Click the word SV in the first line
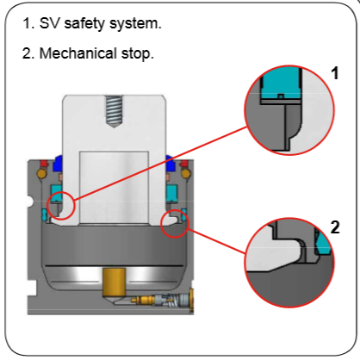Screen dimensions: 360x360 (49, 23)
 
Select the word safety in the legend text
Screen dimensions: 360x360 (84, 23)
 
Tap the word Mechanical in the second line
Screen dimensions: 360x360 (78, 53)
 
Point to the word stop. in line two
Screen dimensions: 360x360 (138, 53)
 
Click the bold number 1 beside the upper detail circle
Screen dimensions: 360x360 (335, 73)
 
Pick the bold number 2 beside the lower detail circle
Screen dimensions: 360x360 (335, 227)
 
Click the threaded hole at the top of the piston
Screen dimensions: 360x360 (114, 111)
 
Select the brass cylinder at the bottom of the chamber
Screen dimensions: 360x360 (115, 282)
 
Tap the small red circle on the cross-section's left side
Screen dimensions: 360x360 (61, 206)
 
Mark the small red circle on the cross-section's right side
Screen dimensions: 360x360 (175, 223)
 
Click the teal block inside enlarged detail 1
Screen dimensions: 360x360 (281, 84)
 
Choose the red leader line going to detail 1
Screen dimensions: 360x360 (159, 163)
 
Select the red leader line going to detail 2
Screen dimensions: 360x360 (217, 240)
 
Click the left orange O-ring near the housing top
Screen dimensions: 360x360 (42, 173)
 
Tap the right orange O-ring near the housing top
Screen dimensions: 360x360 (186, 173)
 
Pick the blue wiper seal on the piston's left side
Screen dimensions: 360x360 (58, 164)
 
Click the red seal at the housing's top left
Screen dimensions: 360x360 (43, 164)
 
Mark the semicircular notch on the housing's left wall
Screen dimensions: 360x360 (31, 201)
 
